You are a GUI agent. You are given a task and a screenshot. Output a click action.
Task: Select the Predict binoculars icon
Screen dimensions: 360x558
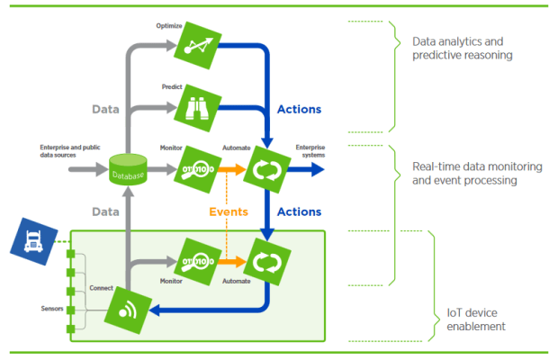pyautogui.click(x=194, y=107)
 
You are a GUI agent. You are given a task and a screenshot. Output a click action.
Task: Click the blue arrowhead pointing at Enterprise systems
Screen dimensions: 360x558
pyautogui.click(x=318, y=168)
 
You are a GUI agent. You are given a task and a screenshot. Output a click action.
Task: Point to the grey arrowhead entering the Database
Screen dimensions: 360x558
pyautogui.click(x=102, y=168)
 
